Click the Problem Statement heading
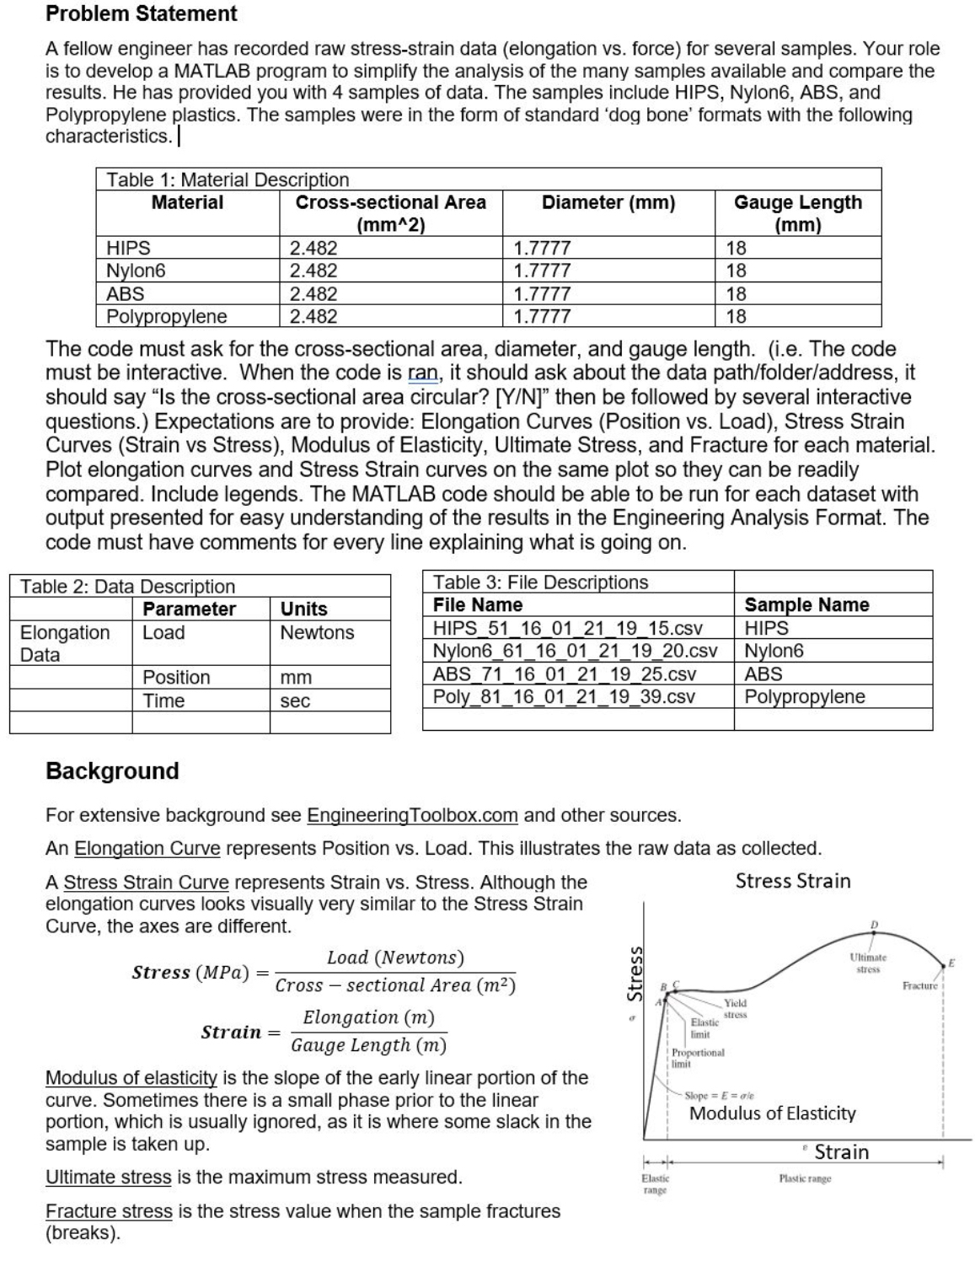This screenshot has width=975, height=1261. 142,13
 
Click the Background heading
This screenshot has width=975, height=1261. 112,770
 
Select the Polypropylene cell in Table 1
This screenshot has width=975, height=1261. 167,317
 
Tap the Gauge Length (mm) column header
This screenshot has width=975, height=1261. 797,213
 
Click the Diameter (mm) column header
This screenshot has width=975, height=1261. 608,202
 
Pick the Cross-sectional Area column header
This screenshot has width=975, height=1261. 390,213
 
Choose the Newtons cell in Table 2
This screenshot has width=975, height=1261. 317,632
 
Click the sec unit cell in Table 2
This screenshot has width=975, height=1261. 295,700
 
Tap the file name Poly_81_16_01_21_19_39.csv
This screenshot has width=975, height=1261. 564,696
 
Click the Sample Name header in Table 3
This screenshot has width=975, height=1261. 806,604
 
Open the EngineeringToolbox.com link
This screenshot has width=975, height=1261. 412,815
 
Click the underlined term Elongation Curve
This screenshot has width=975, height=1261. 147,848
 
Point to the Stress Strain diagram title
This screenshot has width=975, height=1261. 793,881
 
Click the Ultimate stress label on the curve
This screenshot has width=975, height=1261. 868,963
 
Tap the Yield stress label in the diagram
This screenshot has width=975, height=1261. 735,1008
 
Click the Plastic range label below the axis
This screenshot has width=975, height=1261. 805,1178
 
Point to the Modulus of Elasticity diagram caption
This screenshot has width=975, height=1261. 772,1113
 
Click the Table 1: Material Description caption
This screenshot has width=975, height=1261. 228,180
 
